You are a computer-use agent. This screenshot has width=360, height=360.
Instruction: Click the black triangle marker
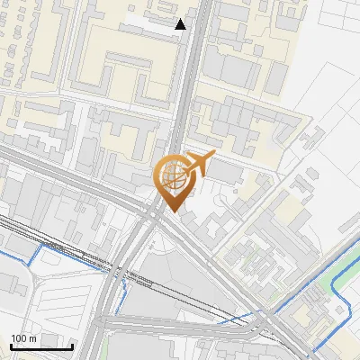pos(181,24)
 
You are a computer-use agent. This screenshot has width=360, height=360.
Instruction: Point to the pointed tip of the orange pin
pos(171,211)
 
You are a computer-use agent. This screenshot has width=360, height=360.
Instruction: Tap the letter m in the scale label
pos(33,338)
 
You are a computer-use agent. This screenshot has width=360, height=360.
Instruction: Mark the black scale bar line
pos(41,346)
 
